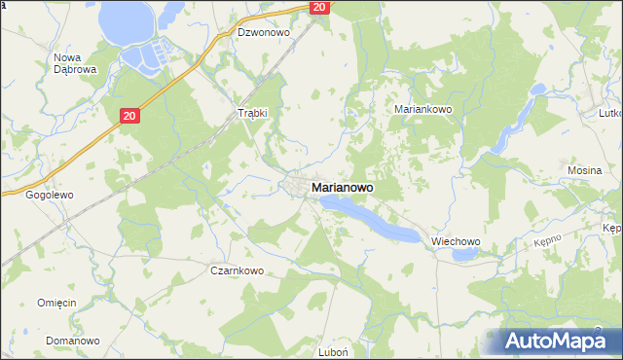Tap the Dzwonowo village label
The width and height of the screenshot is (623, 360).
pyautogui.click(x=264, y=32)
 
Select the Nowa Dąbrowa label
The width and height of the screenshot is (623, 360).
pyautogui.click(x=73, y=64)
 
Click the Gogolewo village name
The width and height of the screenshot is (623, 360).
pyautogui.click(x=50, y=195)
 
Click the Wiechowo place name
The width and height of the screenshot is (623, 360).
pyautogui.click(x=457, y=241)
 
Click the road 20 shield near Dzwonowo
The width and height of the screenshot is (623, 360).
pyautogui.click(x=320, y=7)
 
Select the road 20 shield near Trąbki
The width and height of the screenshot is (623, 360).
pyautogui.click(x=131, y=116)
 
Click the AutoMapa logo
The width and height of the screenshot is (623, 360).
pyautogui.click(x=559, y=341)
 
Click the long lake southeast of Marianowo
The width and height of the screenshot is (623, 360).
pyautogui.click(x=375, y=220)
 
